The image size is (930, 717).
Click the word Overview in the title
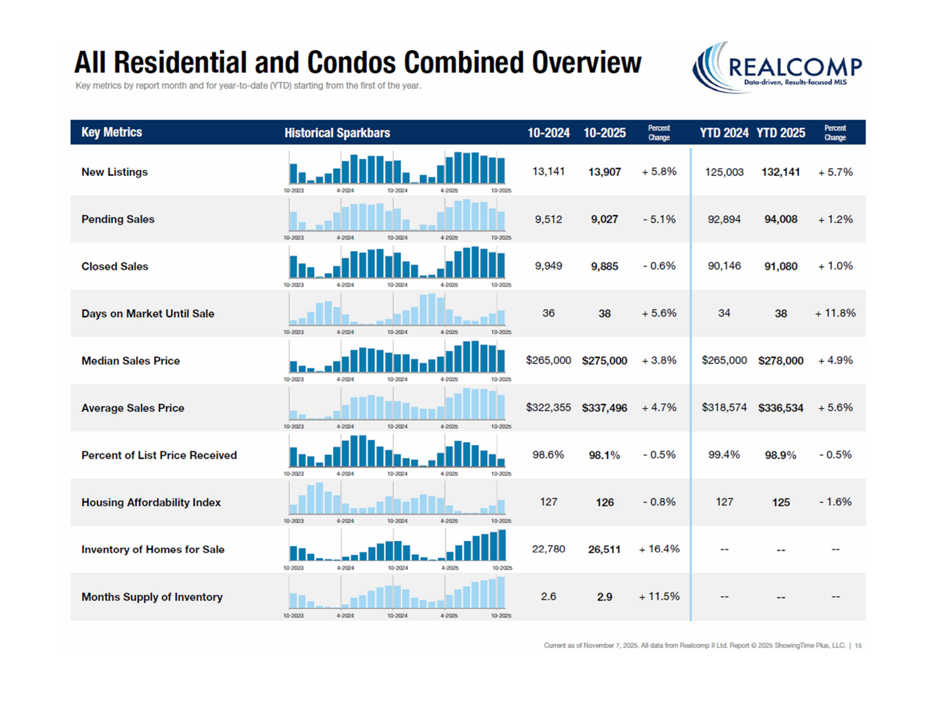(586, 62)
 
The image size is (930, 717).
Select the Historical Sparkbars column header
(337, 133)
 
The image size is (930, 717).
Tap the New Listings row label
(114, 172)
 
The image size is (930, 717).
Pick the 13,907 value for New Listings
(604, 172)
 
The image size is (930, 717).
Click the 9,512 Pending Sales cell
(548, 219)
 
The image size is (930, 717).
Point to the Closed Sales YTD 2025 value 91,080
(780, 266)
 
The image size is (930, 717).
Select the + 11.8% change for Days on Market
(835, 313)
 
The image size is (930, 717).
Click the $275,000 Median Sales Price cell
(604, 361)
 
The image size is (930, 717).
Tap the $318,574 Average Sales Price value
(724, 407)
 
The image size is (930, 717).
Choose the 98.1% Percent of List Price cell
(604, 455)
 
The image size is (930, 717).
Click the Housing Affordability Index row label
(151, 502)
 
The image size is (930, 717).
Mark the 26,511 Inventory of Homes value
(604, 549)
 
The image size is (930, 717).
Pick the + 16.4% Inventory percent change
(659, 549)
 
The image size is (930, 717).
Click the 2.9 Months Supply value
(604, 597)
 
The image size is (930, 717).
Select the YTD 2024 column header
(724, 133)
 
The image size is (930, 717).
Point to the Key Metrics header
(111, 132)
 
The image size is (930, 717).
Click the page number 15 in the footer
(858, 645)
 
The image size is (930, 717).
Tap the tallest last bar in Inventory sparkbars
(502, 545)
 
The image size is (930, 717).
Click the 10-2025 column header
(604, 133)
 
